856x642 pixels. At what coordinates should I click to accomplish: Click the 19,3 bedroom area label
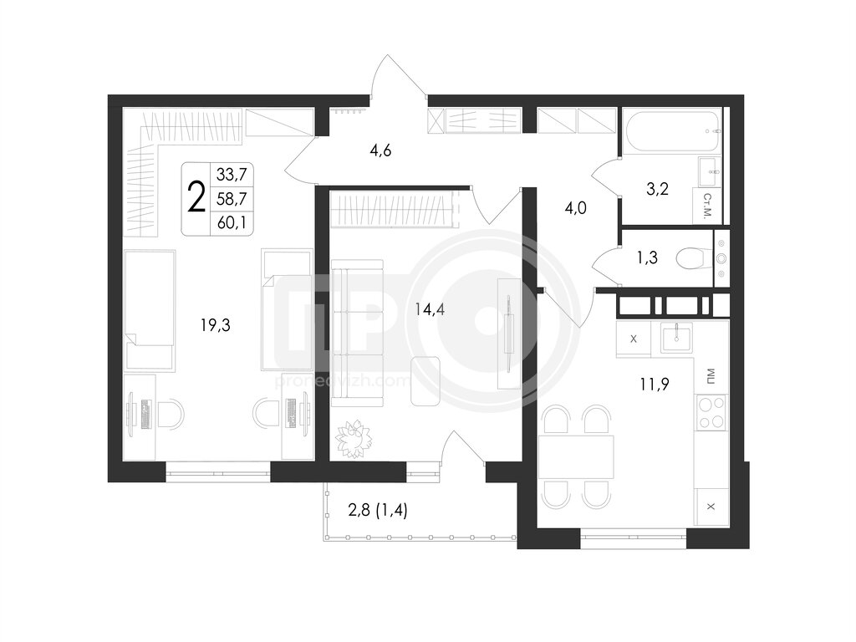[x=215, y=325]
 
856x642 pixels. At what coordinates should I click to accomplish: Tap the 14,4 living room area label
[x=430, y=310]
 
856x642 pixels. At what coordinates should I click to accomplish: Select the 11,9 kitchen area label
[x=655, y=385]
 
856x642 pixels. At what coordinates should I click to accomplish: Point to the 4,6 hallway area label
[x=380, y=150]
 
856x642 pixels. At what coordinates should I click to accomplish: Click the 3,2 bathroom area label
[x=657, y=189]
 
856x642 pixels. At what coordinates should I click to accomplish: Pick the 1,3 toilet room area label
[x=648, y=257]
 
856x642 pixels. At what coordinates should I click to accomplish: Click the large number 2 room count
[x=196, y=197]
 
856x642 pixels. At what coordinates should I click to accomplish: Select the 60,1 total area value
[x=232, y=222]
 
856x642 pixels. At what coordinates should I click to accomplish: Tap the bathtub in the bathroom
[x=672, y=131]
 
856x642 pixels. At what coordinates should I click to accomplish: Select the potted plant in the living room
[x=354, y=439]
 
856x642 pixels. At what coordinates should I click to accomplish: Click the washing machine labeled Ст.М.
[x=707, y=206]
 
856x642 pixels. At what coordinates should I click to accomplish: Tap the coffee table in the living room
[x=425, y=381]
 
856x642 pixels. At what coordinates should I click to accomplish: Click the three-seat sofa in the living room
[x=358, y=333]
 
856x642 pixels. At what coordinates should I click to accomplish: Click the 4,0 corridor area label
[x=575, y=208]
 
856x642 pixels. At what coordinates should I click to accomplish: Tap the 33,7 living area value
[x=232, y=175]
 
